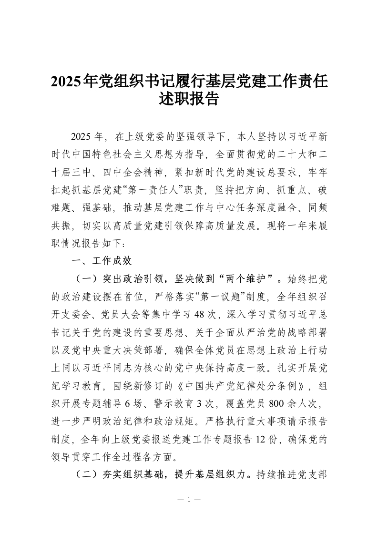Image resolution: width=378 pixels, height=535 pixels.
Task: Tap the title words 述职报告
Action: coord(189,100)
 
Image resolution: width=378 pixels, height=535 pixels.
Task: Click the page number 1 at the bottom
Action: coord(189,500)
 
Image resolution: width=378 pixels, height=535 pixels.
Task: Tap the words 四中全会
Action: coord(141,170)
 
